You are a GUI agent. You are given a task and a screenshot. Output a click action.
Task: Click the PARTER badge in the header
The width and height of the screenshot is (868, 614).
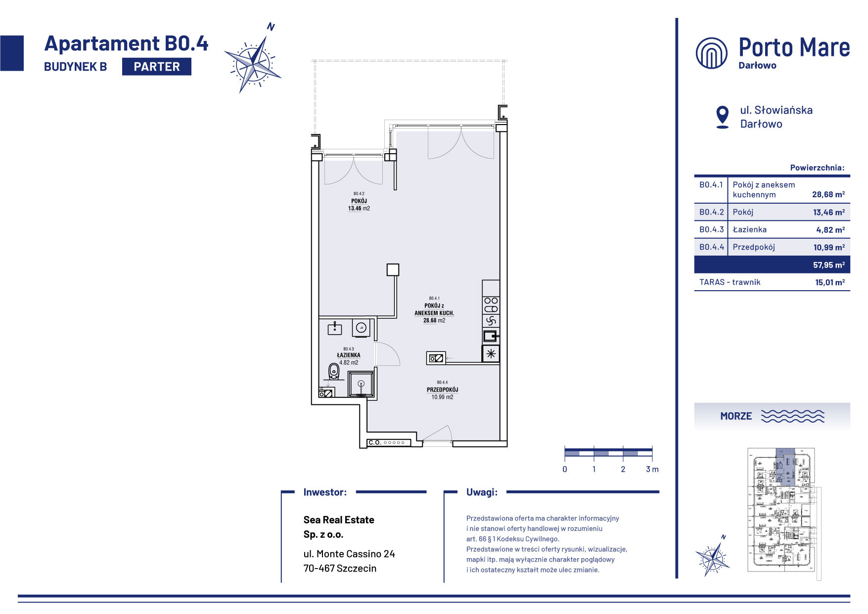pos(156,67)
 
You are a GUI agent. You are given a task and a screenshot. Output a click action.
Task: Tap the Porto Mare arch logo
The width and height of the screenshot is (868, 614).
pos(711,53)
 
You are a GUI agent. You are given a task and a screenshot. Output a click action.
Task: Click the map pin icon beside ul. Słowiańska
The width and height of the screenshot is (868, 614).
pos(723,117)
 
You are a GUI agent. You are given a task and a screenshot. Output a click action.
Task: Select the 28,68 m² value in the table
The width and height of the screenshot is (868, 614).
pos(828,194)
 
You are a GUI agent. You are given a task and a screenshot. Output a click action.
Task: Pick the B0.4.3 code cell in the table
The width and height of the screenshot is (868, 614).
pos(711,229)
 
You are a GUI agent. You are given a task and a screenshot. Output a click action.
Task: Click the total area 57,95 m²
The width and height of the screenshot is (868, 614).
pos(829,265)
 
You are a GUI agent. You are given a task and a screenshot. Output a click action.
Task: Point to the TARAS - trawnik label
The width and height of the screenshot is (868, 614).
pos(730,282)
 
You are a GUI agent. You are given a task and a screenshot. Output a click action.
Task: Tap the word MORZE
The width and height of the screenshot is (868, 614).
pos(736,416)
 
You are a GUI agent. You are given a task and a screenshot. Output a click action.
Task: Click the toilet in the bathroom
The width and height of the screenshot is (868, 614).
pos(334,371)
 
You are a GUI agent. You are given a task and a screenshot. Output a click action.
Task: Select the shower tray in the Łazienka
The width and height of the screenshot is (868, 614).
pos(361,384)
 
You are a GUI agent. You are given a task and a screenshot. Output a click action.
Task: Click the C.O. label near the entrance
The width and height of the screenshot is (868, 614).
pos(375,442)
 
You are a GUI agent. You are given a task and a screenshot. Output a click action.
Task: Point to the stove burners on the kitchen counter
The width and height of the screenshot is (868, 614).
pos(491,305)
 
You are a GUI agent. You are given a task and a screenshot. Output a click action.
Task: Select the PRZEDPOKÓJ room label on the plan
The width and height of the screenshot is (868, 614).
pos(443,390)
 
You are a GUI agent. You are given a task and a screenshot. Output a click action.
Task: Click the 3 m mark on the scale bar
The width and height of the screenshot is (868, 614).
pos(652,469)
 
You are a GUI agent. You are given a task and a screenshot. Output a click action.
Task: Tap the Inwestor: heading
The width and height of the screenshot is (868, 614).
pos(325,492)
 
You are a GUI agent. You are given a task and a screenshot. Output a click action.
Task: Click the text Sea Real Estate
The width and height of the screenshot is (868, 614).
pos(339,520)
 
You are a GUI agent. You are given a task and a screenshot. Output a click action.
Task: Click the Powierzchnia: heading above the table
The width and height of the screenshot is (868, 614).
pos(818,168)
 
